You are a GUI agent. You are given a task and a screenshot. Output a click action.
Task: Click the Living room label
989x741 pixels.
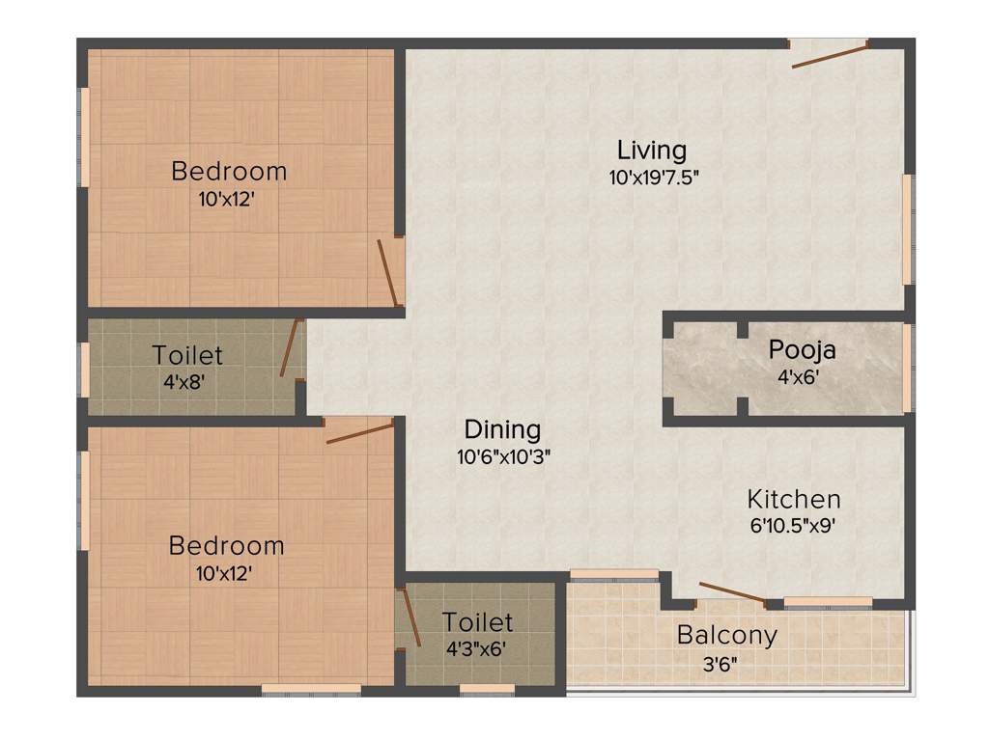(x=652, y=151)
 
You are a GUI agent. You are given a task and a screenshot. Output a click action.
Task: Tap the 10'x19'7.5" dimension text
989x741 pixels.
(x=653, y=178)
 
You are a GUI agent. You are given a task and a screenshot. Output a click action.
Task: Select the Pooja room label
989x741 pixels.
(x=802, y=349)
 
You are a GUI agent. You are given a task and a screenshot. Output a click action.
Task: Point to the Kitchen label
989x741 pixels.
(x=794, y=500)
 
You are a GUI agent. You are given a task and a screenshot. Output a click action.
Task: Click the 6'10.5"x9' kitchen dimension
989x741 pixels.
(x=791, y=527)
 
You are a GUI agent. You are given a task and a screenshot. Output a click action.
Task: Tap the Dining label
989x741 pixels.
(x=502, y=429)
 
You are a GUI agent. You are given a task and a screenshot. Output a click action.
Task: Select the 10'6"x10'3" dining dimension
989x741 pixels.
(x=503, y=457)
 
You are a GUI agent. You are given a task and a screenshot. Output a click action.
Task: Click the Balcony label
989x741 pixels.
(x=726, y=636)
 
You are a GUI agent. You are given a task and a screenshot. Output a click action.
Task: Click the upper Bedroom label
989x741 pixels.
(x=229, y=172)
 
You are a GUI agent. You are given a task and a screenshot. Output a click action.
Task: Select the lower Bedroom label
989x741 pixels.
(x=227, y=546)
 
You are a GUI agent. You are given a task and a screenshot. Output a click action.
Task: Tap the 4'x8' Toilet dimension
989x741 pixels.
(x=184, y=381)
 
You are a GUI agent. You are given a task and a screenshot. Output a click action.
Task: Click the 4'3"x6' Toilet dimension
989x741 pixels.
(x=476, y=648)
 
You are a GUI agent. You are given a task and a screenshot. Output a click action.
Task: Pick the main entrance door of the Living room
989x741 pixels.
(x=829, y=54)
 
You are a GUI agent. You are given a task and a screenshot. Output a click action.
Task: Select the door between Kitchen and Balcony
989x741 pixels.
(x=731, y=592)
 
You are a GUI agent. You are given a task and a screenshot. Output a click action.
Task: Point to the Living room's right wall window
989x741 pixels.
(x=907, y=229)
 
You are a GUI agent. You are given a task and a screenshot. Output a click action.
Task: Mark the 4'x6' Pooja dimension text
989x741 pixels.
(x=798, y=376)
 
